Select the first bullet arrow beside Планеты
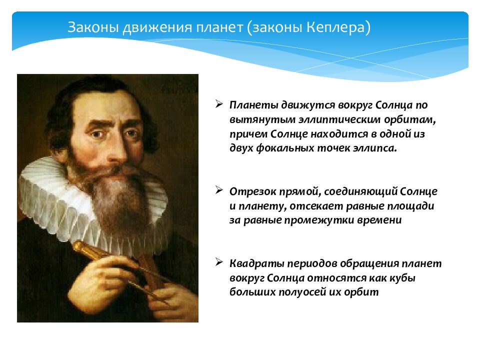pyautogui.click(x=219, y=104)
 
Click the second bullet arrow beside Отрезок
pyautogui.click(x=219, y=190)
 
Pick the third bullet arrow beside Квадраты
pyautogui.click(x=219, y=262)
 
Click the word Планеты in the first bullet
pyautogui.click(x=254, y=105)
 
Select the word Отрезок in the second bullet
pyautogui.click(x=253, y=191)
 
